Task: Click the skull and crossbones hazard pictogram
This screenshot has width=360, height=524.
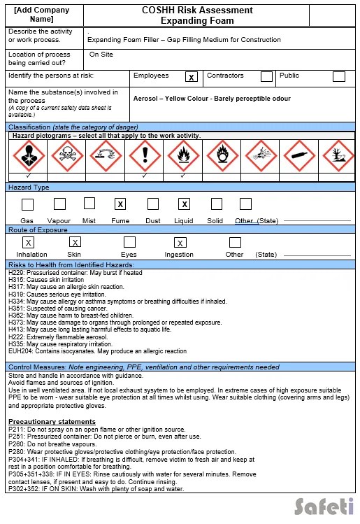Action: (x=67, y=155)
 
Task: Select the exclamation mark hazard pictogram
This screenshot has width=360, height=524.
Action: (x=145, y=155)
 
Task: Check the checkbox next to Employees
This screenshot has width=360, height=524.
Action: (x=192, y=77)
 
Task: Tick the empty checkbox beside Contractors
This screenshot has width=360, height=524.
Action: (x=266, y=77)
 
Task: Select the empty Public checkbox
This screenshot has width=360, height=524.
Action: (x=338, y=77)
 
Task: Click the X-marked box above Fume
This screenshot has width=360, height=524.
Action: (x=120, y=204)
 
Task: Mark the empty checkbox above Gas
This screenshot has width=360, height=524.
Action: (x=27, y=205)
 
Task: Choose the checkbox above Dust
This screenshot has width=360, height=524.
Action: (x=153, y=204)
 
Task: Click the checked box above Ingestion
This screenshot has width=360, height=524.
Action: (x=180, y=243)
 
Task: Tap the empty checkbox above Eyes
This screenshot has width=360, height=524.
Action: (x=129, y=242)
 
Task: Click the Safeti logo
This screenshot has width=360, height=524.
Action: (x=323, y=505)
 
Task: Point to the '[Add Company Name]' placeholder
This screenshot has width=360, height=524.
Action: (x=42, y=15)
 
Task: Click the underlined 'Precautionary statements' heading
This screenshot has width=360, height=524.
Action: (x=52, y=422)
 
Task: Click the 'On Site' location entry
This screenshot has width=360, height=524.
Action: (x=101, y=54)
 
